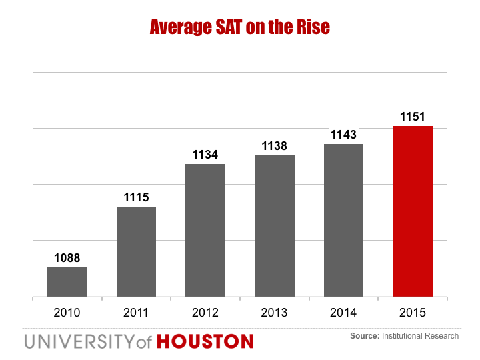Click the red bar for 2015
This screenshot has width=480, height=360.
click(x=413, y=211)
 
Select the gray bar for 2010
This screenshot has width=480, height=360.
click(x=67, y=282)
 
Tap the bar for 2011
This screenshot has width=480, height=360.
click(x=136, y=251)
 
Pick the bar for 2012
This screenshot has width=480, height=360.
click(x=205, y=230)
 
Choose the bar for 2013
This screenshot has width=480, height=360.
click(x=275, y=226)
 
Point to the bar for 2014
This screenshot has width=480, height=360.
click(x=343, y=220)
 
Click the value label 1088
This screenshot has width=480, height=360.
click(x=67, y=257)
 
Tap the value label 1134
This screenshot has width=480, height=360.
click(x=205, y=154)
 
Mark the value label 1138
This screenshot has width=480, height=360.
click(x=275, y=145)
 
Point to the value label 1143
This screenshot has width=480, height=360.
click(x=343, y=134)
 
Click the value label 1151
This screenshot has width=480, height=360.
click(x=413, y=116)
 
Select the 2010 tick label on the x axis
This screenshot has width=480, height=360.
click(x=67, y=312)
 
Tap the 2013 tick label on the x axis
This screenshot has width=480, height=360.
click(x=275, y=312)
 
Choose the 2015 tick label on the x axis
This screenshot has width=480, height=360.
click(x=413, y=312)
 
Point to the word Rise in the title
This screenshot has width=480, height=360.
click(x=313, y=28)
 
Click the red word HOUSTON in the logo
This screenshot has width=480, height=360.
click(x=205, y=342)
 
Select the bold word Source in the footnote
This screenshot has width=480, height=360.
click(x=364, y=336)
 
